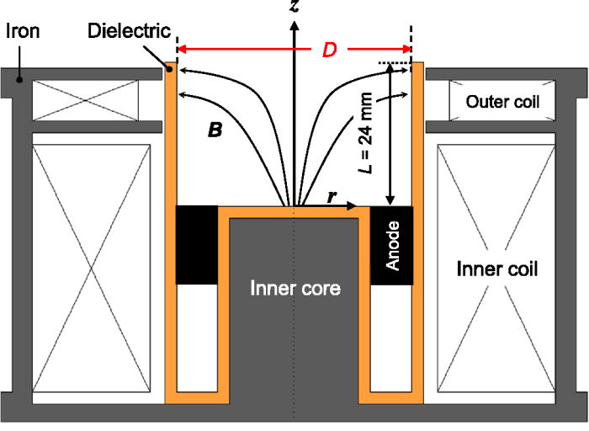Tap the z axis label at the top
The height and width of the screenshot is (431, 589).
294,8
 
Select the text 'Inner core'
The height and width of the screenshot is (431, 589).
294,288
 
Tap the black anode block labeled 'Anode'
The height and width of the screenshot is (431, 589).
391,245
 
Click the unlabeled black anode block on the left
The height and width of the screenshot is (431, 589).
196,245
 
